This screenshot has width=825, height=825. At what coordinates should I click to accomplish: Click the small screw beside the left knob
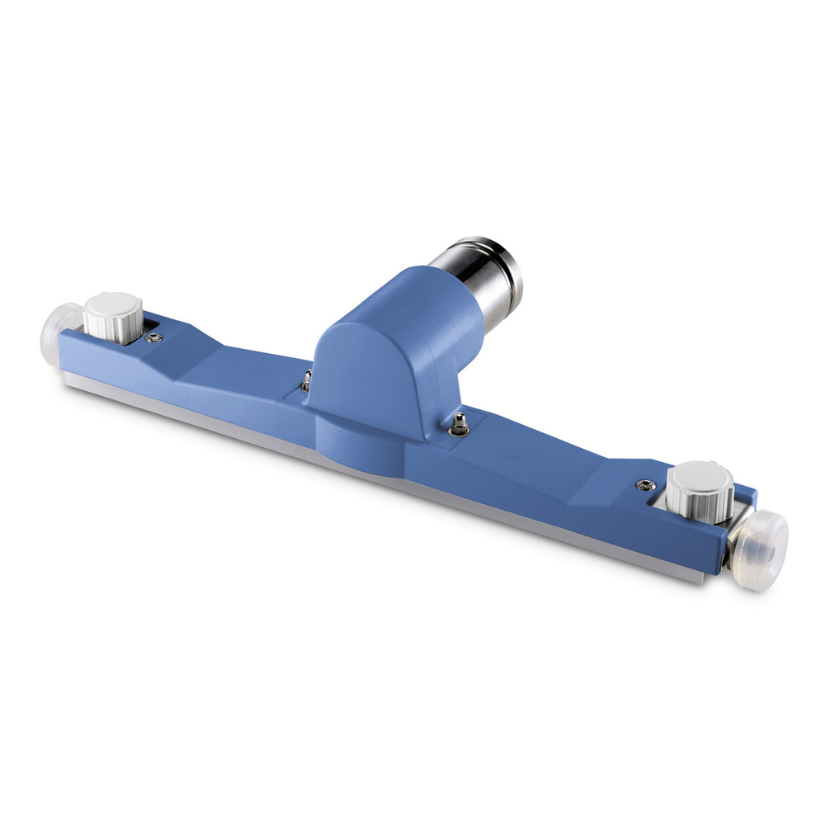pos(153,337)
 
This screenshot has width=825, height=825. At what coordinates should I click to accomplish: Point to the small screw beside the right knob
pos(642,484)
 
